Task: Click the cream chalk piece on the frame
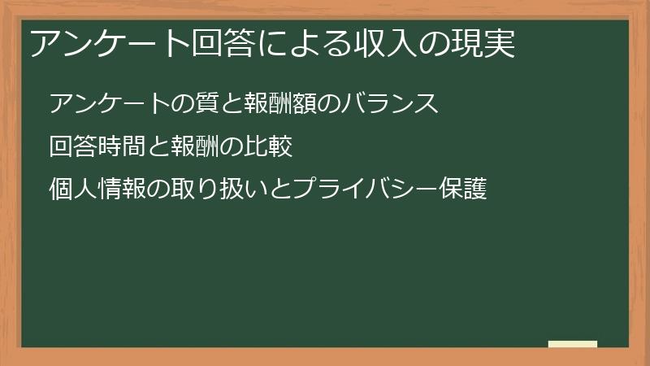[x=573, y=344]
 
